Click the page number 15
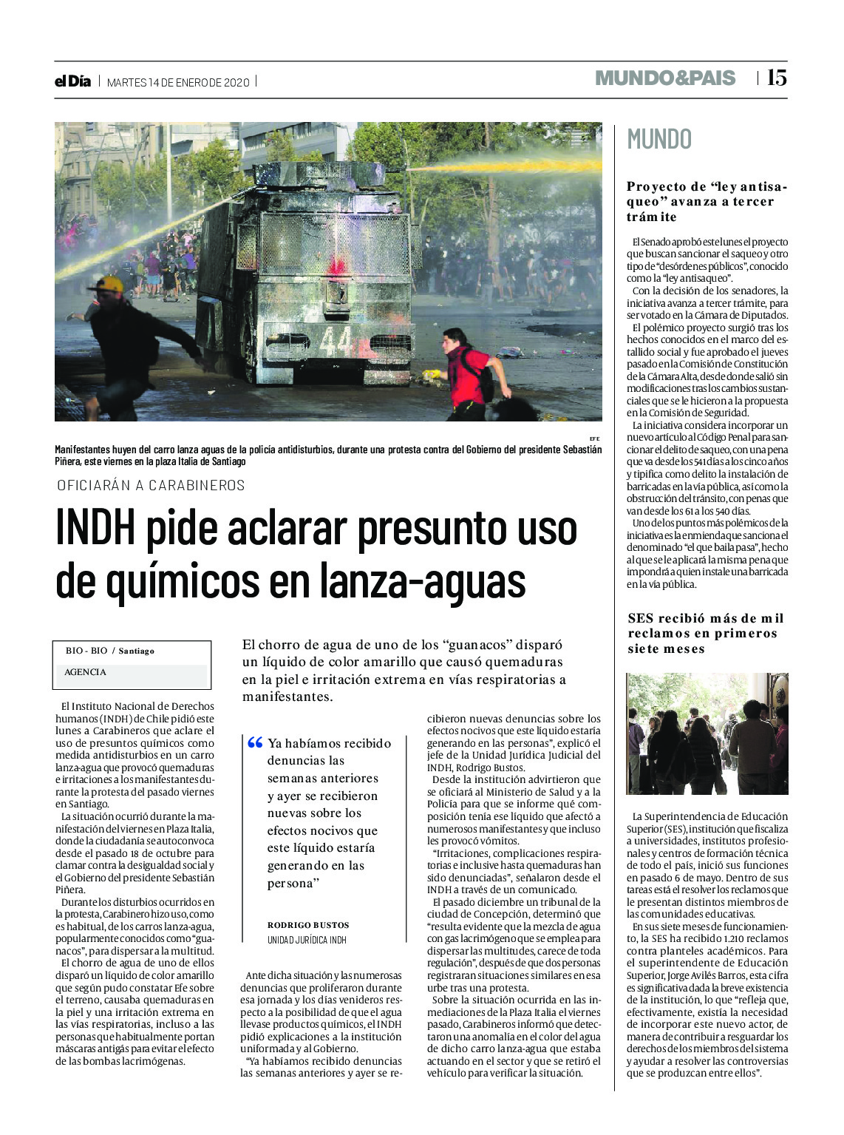[777, 78]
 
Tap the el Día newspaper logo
[72, 81]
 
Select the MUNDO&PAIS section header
[665, 78]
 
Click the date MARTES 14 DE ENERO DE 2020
[178, 82]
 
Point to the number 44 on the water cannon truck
[335, 342]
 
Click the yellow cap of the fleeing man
[108, 284]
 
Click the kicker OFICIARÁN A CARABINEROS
[151, 485]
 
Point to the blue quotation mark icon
[255, 742]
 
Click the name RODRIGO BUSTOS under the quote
[308, 925]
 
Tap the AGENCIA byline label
[85, 672]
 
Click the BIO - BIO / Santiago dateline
[110, 651]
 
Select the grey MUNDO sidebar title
[659, 139]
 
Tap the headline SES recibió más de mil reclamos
[706, 633]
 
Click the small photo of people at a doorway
[707, 733]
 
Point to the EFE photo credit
[594, 438]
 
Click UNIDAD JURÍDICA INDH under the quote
[307, 940]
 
